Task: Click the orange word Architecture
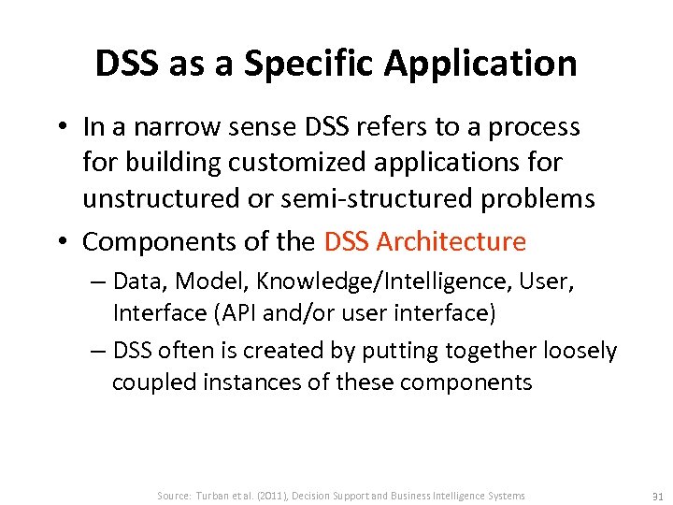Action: click(451, 242)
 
